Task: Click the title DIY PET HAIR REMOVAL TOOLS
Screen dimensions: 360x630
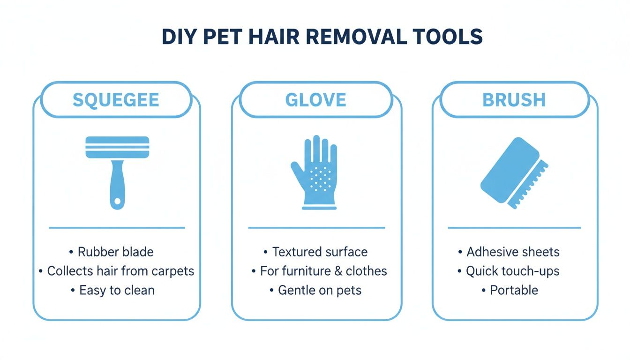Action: pyautogui.click(x=322, y=37)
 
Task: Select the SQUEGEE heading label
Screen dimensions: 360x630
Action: pyautogui.click(x=116, y=100)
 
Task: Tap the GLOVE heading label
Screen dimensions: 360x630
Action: pyautogui.click(x=315, y=100)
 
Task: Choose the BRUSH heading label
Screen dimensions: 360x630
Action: pyautogui.click(x=514, y=100)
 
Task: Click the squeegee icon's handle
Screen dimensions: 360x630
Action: pyautogui.click(x=117, y=183)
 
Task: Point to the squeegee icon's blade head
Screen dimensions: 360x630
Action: pyautogui.click(x=117, y=147)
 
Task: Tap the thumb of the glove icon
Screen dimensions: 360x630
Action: pyautogui.click(x=297, y=170)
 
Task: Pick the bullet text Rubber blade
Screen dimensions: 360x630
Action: pyautogui.click(x=115, y=252)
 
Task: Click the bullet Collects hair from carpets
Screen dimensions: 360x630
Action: pyautogui.click(x=120, y=271)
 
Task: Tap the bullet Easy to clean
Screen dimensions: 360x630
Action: pyautogui.click(x=117, y=290)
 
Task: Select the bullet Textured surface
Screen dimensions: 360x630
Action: pyautogui.click(x=320, y=252)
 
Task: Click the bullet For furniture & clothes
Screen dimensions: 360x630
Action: pyautogui.click(x=323, y=271)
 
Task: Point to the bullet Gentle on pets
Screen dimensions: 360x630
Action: pyautogui.click(x=320, y=290)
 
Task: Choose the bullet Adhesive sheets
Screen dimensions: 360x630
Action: pyautogui.click(x=513, y=252)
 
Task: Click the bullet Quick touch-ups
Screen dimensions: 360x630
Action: pyautogui.click(x=512, y=271)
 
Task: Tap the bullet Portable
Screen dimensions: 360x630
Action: pyautogui.click(x=514, y=290)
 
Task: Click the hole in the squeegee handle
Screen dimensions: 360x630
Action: pyautogui.click(x=117, y=201)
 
